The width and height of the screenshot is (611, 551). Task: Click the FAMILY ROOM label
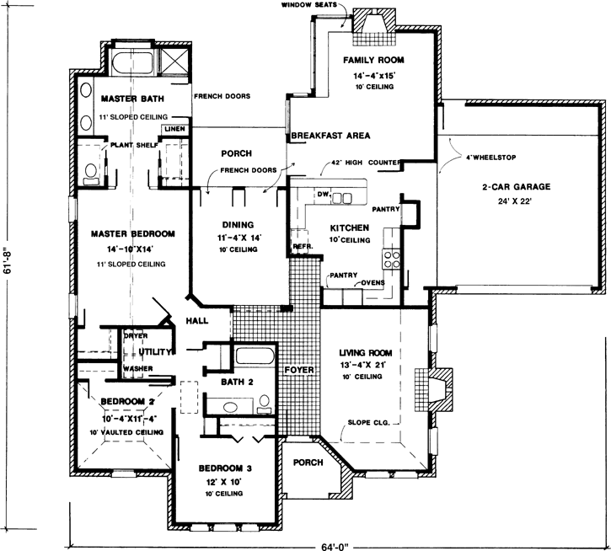click(x=374, y=61)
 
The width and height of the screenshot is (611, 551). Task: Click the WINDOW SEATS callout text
click(x=309, y=6)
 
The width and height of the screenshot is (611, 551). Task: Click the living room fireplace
click(x=437, y=387)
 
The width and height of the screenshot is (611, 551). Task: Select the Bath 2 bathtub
click(x=255, y=360)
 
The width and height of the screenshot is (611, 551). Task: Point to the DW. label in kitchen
click(x=322, y=195)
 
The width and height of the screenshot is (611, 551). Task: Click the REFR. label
click(x=303, y=246)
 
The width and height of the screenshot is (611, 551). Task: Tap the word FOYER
click(x=299, y=368)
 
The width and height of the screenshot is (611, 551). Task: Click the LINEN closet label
click(x=174, y=129)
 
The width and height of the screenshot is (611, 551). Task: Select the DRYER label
click(x=136, y=336)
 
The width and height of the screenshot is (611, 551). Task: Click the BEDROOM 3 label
click(x=226, y=468)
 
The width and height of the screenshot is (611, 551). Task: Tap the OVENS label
click(x=373, y=282)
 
